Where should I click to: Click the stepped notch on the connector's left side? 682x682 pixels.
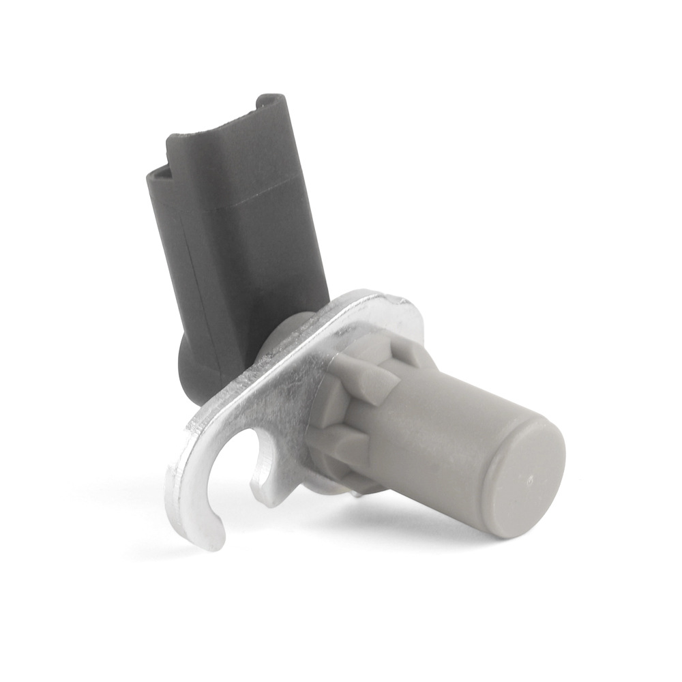(158, 170)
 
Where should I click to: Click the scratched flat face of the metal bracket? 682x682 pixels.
(286, 396)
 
